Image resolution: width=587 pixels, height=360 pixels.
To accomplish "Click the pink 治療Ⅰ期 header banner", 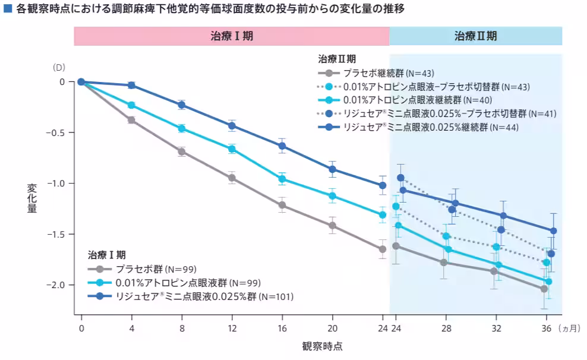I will pos(231,36).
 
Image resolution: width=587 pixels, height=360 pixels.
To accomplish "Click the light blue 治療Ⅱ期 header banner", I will pos(475,36).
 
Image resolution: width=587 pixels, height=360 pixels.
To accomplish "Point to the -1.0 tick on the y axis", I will pos(58,184).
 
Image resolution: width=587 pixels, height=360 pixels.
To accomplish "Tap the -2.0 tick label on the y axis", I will pos(58,285).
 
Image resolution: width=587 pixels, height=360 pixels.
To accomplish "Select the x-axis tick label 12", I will pos(232,327).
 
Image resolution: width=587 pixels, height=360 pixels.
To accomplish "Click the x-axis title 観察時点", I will pos(322,346).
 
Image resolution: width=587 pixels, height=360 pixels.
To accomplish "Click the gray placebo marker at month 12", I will pos(232,178).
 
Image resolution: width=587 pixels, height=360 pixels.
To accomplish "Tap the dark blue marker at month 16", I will pos(282,146).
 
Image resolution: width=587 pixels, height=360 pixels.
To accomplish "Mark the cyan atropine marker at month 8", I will pos(182,128).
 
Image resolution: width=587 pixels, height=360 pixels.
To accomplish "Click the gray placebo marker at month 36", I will pos(544,289).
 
